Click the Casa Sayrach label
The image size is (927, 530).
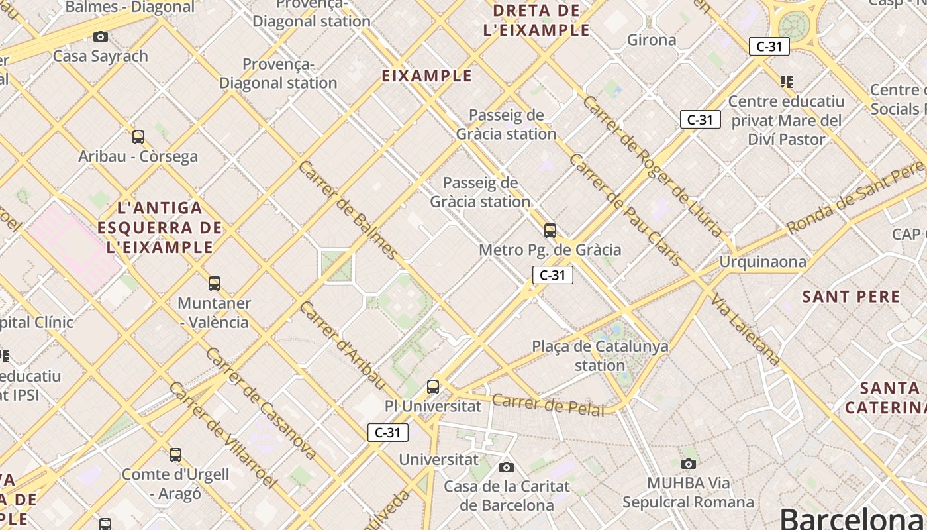pos(101,56)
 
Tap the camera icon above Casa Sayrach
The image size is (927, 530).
pos(101,36)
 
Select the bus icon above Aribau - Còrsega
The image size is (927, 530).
pos(138,137)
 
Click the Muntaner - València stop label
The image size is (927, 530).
pos(214,313)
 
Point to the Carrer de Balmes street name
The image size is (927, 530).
pos(348,209)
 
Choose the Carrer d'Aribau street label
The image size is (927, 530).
pos(342,344)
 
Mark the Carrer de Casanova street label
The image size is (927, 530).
pos(260,403)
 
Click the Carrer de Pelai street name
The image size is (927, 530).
pos(548,404)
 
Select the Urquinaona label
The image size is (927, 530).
pos(763,262)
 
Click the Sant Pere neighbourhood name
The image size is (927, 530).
pos(851,297)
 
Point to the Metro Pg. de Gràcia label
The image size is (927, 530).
pos(550,250)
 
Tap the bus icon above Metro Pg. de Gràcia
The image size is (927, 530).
pos(550,231)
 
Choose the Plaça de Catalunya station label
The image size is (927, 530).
pos(600,356)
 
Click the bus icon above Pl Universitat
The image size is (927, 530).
pos(433,386)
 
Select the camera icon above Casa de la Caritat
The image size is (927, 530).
pos(507,467)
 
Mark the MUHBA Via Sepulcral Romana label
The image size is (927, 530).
pos(688,492)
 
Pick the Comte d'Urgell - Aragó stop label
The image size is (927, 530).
pos(175,484)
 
